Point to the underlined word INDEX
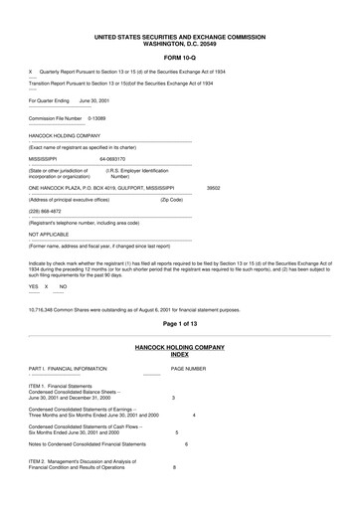point(179,354)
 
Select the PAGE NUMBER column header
point(188,368)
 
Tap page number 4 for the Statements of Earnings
point(193,414)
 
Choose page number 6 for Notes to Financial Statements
point(185,443)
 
